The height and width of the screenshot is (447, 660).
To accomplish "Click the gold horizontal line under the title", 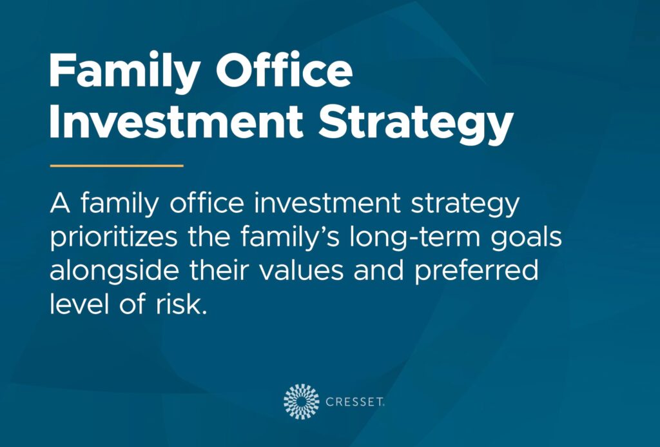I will (117, 166).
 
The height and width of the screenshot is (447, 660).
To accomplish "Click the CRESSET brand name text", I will (356, 402).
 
